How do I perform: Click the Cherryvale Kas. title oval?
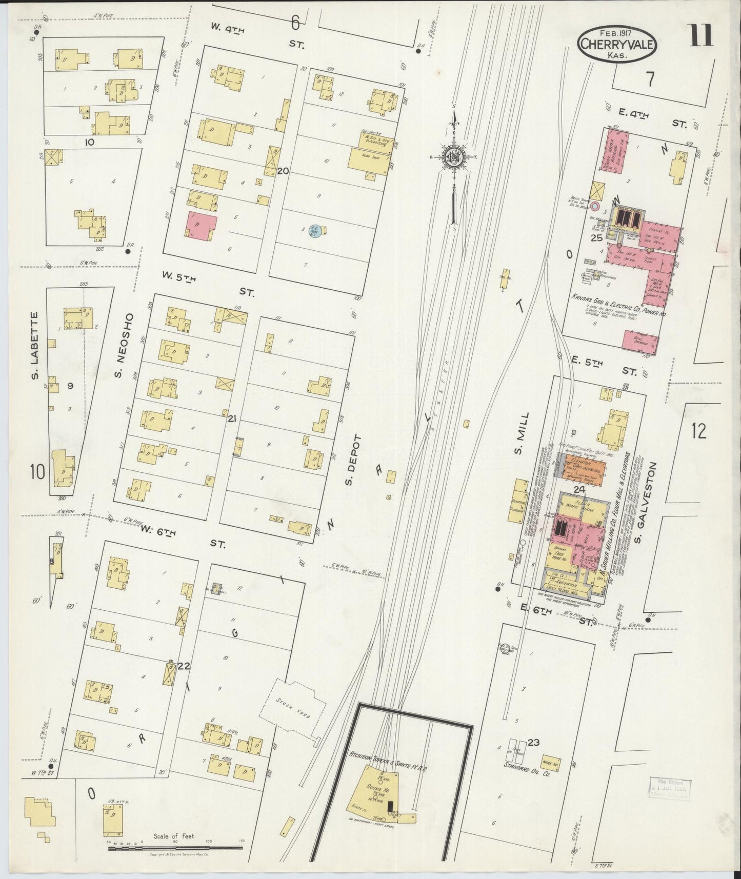click(617, 44)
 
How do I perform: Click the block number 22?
click(184, 666)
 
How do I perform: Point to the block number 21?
click(232, 419)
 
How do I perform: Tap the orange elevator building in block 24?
click(580, 468)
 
